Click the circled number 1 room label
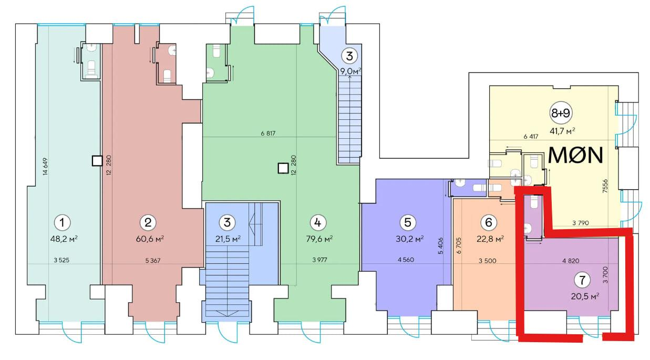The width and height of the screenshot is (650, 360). click(x=62, y=223)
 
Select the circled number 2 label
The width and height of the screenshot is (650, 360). click(x=148, y=223)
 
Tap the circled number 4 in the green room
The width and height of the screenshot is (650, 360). click(x=318, y=223)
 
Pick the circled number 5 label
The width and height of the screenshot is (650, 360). click(x=408, y=222)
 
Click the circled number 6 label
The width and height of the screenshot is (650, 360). click(x=489, y=222)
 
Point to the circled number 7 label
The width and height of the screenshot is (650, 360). click(x=582, y=280)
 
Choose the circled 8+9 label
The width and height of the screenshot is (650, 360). click(x=561, y=113)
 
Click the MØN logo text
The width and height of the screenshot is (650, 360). click(x=575, y=156)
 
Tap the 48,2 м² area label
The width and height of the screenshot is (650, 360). click(x=64, y=239)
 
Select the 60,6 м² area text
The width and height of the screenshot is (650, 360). click(x=150, y=239)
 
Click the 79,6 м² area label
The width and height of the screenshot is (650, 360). click(x=319, y=239)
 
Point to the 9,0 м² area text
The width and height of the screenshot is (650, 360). click(x=350, y=71)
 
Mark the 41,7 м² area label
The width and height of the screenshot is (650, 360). click(x=562, y=131)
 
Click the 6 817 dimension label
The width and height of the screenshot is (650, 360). click(x=268, y=133)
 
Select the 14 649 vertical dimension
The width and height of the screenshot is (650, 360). click(x=45, y=167)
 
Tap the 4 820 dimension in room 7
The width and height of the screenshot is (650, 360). click(x=571, y=261)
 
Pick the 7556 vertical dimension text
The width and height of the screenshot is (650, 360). click(x=605, y=186)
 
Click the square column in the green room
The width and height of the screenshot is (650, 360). click(x=283, y=168)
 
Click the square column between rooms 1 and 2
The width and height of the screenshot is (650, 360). click(x=97, y=160)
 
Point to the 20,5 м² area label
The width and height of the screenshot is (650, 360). click(x=585, y=296)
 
